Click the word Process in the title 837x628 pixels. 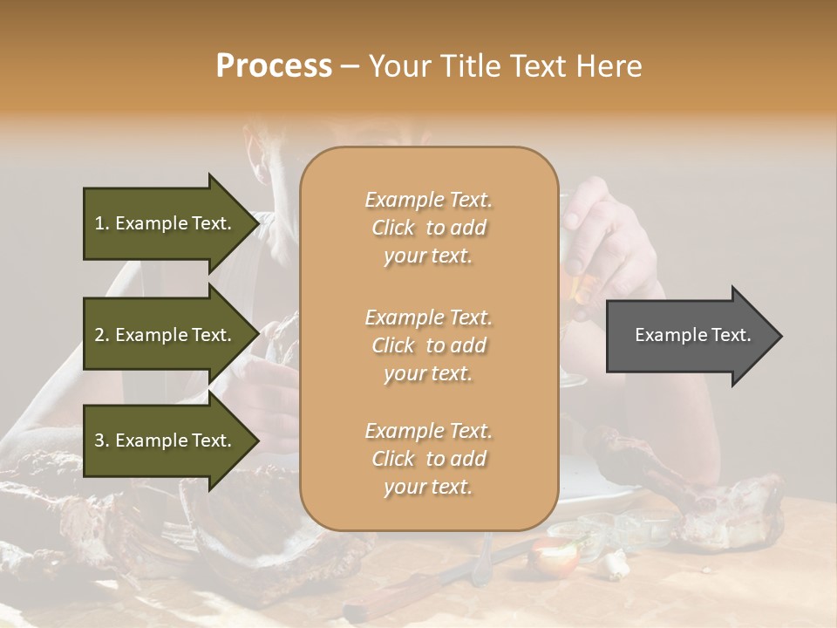tap(274, 66)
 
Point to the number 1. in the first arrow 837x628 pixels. tap(102, 223)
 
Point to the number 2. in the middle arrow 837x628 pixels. tap(102, 335)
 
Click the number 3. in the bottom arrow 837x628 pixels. tap(102, 440)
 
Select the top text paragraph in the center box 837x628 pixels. tap(428, 228)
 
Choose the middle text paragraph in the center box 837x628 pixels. tap(428, 345)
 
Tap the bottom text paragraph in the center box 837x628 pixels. tap(428, 459)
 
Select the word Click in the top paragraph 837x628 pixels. tap(393, 228)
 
